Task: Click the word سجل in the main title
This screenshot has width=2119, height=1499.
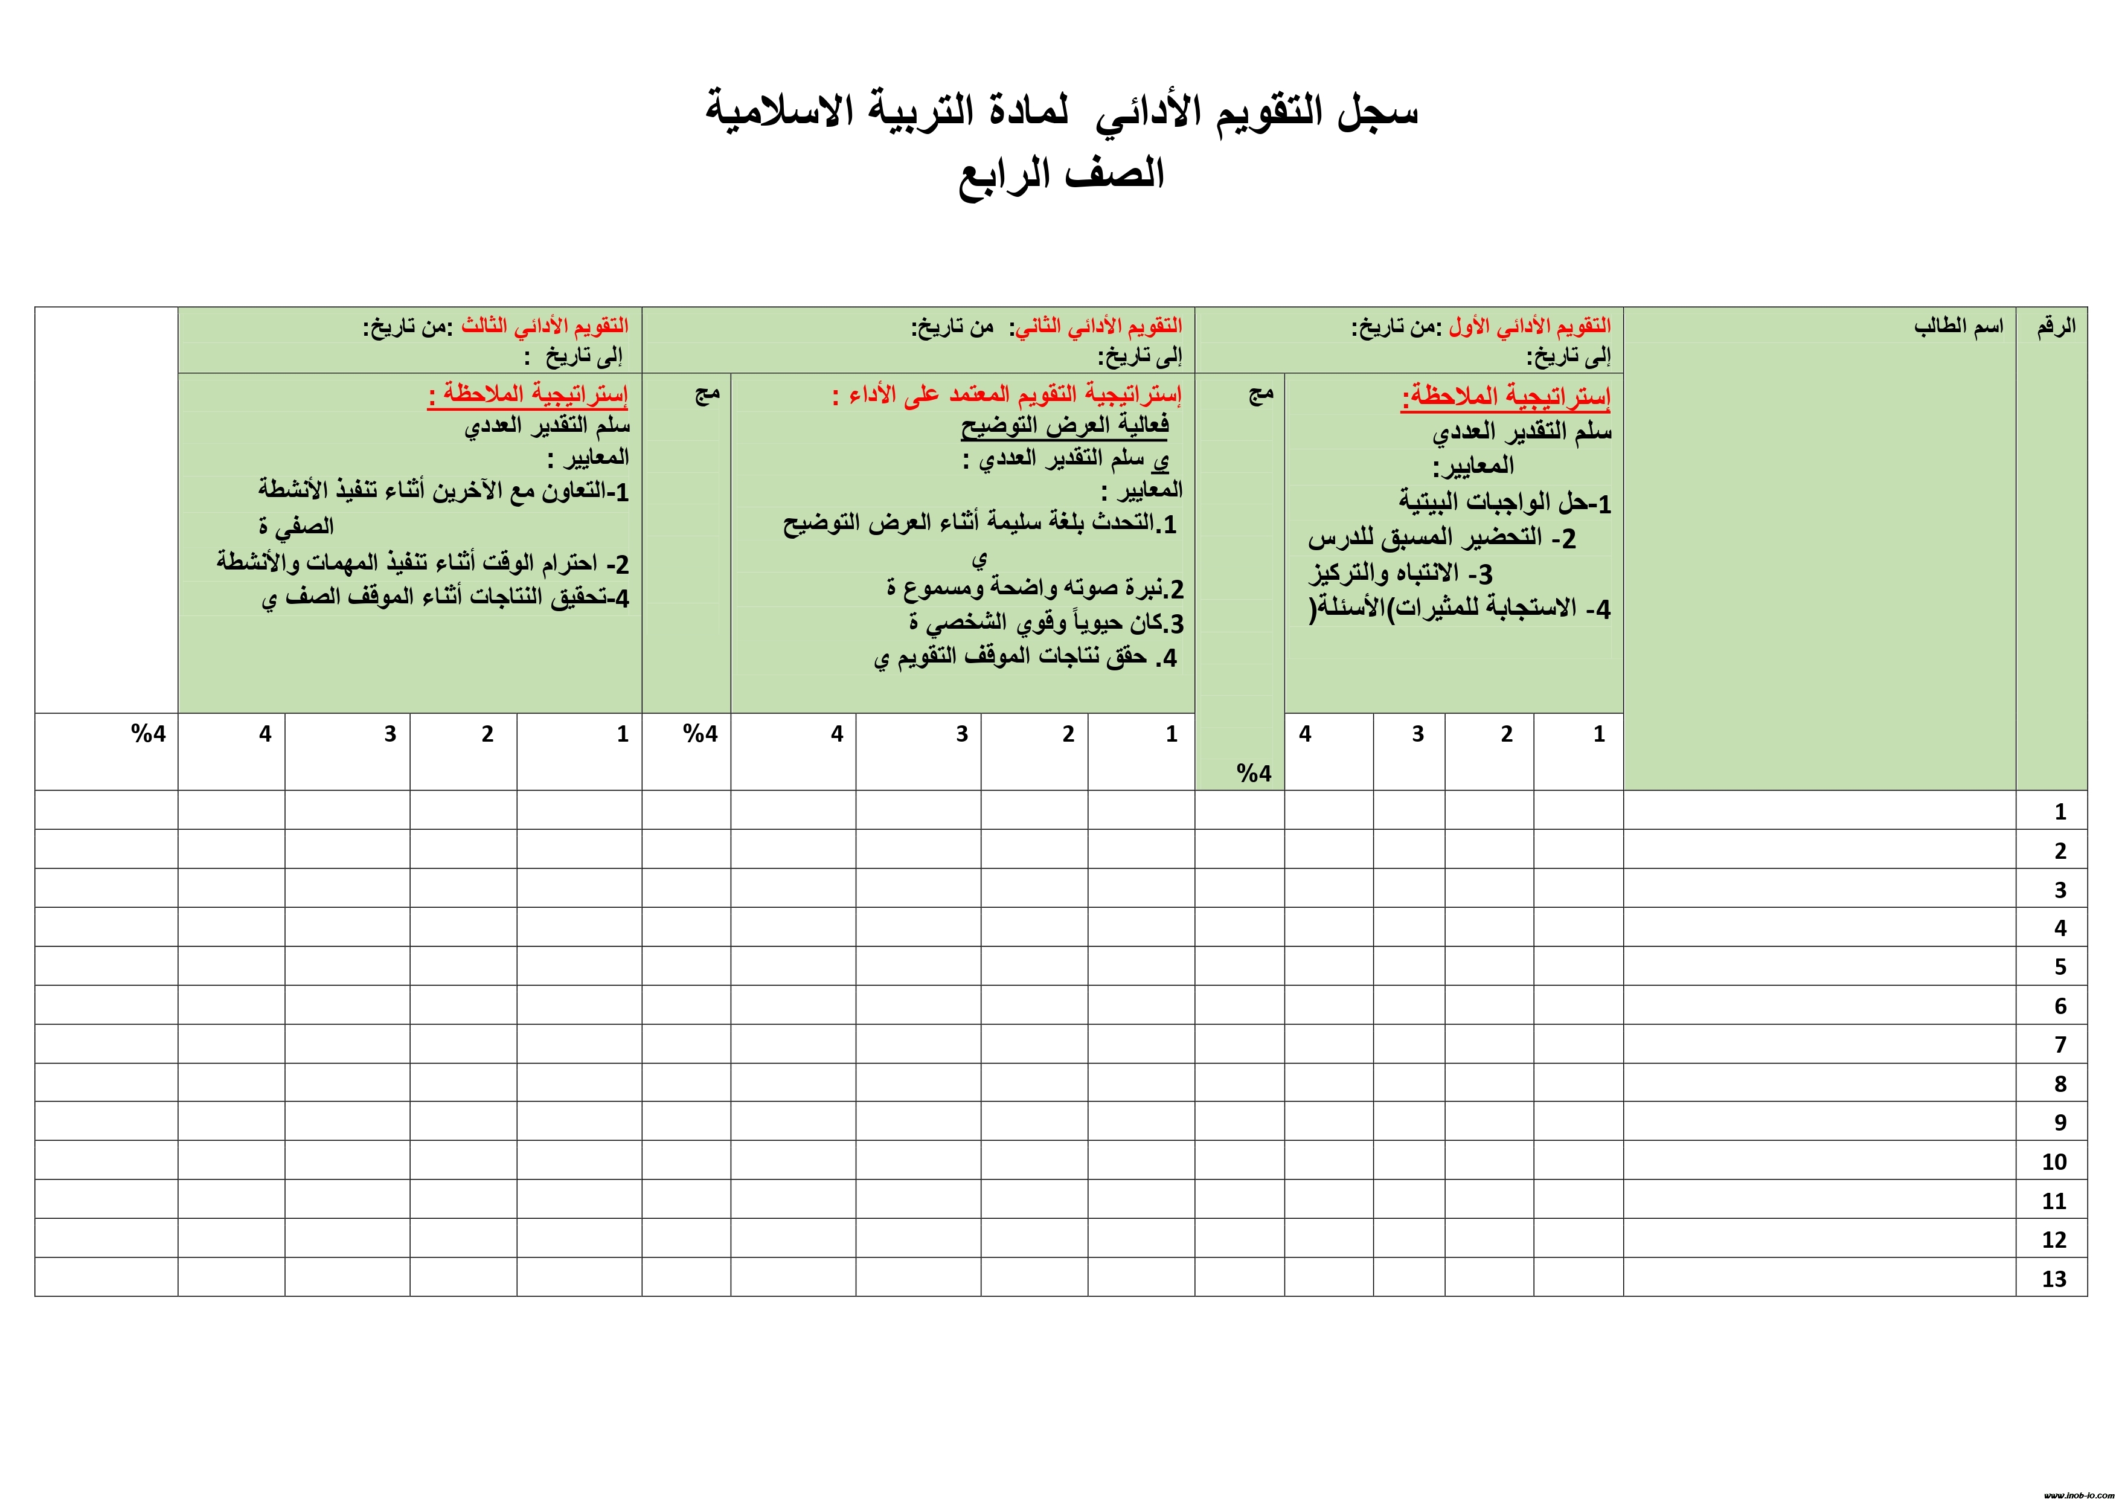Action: pos(1377,112)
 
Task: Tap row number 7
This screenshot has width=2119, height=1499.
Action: pos(2060,1045)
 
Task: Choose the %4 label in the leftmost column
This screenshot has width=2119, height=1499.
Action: pos(149,734)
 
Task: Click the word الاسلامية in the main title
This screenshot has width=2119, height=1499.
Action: pos(779,112)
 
